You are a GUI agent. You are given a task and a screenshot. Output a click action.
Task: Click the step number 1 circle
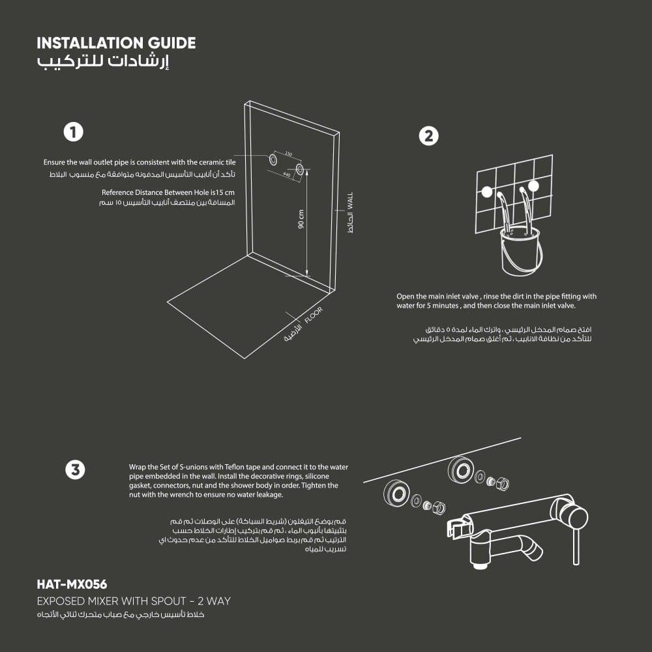[x=73, y=132]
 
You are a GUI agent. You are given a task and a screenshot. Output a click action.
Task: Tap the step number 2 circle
[x=428, y=136]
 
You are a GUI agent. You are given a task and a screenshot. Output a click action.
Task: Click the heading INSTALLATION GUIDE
[x=116, y=44]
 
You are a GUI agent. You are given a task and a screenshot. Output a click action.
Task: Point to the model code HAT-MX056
[x=72, y=584]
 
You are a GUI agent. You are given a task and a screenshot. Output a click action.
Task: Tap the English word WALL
[x=349, y=200]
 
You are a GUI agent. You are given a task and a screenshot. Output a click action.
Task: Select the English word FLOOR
[x=313, y=316]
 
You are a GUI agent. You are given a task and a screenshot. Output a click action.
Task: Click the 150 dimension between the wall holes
[x=288, y=155]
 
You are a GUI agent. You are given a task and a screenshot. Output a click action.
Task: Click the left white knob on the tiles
[x=486, y=192]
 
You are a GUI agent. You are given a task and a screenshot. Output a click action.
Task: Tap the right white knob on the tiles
[x=534, y=186]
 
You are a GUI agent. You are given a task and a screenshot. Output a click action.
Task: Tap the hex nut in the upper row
[x=503, y=484]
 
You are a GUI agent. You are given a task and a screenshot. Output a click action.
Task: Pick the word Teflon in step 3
[x=233, y=467]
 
